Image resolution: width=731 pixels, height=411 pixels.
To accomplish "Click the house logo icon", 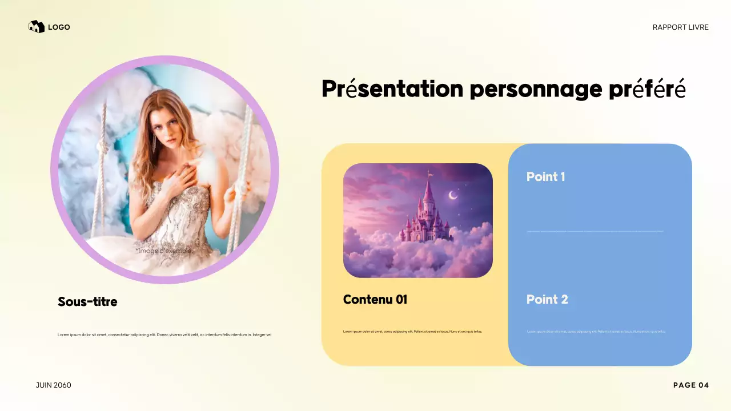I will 37,27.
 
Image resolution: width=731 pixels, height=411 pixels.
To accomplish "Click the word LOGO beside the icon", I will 59,27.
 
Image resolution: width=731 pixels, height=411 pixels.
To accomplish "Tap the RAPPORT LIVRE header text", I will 680,27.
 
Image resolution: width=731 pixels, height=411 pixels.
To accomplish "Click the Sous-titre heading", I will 87,301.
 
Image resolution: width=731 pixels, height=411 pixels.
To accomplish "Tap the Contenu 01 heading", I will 375,299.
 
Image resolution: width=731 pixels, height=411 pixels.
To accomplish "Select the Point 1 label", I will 545,176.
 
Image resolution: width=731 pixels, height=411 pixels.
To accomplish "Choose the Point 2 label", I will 547,299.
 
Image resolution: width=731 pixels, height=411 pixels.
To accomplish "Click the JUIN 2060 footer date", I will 54,385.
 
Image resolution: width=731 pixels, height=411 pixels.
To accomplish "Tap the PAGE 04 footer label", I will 691,385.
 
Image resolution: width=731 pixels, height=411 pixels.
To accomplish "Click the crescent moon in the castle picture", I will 453,195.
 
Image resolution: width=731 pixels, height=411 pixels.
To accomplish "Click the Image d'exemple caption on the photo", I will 164,251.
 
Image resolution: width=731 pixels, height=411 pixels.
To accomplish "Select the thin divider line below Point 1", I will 595,231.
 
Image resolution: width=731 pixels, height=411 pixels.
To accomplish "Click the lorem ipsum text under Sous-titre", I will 164,335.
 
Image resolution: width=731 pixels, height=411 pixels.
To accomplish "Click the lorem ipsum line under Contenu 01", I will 412,331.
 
